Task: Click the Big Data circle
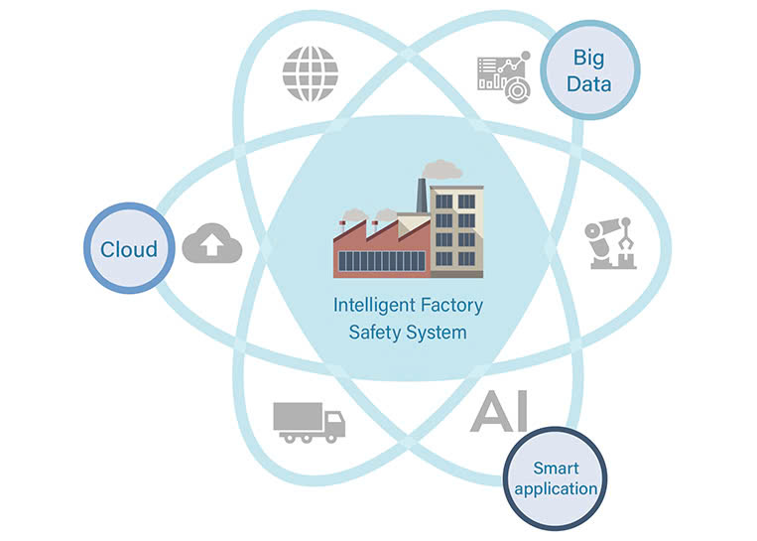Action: tap(588, 69)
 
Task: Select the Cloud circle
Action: tap(129, 248)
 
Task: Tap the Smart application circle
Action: tap(556, 477)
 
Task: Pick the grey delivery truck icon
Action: tap(309, 422)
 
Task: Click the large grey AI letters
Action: tap(500, 411)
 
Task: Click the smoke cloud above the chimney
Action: tap(441, 169)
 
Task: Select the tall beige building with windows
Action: tap(456, 230)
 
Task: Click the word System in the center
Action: tap(437, 332)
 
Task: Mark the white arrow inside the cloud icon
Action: tap(212, 246)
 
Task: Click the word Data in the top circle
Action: tap(588, 83)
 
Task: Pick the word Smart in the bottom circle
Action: tap(556, 468)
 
